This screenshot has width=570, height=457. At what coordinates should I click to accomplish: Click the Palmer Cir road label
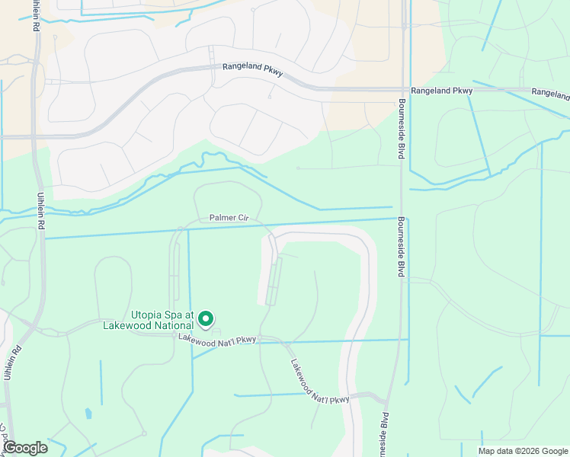(229, 218)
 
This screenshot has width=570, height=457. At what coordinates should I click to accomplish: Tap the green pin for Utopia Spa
(205, 319)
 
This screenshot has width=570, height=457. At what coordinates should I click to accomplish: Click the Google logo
(24, 448)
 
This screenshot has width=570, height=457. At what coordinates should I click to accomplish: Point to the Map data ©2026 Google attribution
(522, 451)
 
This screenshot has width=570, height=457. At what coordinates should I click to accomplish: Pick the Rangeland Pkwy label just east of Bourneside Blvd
(442, 91)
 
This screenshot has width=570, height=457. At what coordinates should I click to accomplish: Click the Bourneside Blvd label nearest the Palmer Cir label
(401, 246)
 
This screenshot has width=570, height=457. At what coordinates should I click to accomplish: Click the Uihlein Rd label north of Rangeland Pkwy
(35, 15)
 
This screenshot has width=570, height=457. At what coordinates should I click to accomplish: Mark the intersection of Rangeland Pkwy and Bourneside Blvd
(402, 89)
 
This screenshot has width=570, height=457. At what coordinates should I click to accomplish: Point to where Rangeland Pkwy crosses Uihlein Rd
(35, 136)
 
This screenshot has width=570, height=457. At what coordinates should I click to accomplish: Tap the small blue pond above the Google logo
(88, 414)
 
